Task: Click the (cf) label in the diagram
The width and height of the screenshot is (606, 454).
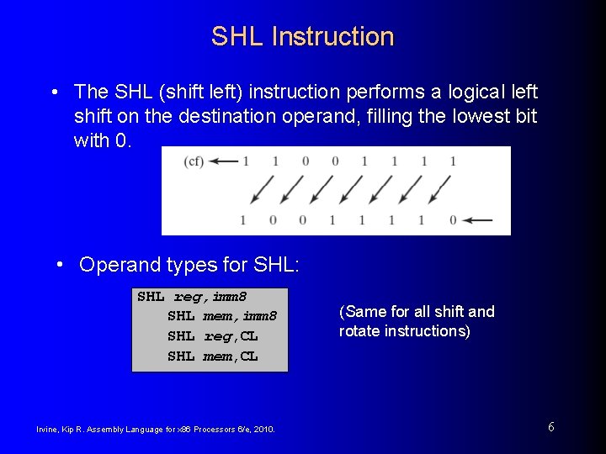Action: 194,161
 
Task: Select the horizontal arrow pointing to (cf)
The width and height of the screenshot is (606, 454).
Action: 226,161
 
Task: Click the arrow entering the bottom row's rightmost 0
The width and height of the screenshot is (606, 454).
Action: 478,220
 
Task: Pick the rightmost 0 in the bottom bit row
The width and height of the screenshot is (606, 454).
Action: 453,220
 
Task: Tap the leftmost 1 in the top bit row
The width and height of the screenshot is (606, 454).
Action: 246,161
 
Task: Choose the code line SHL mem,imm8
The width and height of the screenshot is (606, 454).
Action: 221,316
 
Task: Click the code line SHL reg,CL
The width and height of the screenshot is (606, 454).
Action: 212,335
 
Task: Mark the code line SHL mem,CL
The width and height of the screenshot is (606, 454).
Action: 212,356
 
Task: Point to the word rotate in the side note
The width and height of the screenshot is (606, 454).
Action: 359,331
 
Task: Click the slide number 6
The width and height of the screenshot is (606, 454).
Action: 550,427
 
